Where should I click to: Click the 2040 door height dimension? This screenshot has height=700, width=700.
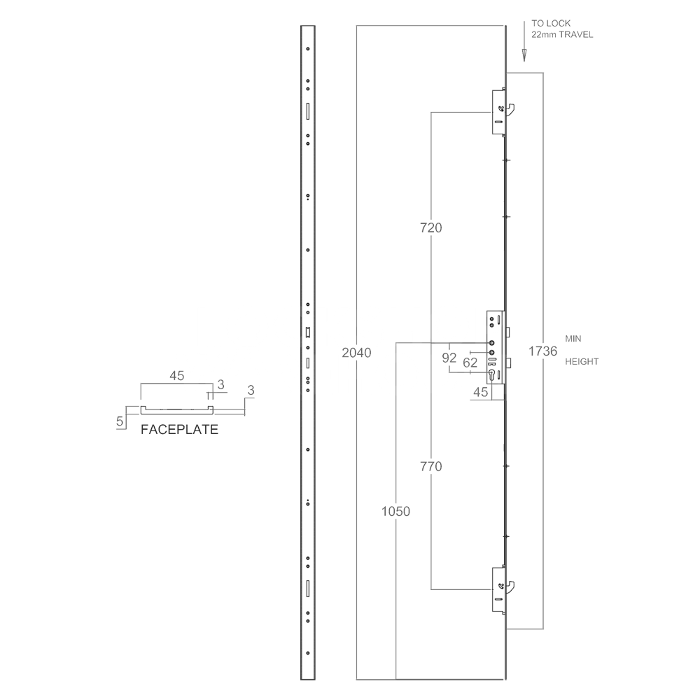coord(356,352)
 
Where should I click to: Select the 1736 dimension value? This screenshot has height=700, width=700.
coord(543,351)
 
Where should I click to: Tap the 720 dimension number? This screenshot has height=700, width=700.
coord(431,227)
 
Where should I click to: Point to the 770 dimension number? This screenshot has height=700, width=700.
coord(431,466)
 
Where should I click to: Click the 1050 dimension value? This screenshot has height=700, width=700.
coord(395,511)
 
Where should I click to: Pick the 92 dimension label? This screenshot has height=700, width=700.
coord(449,357)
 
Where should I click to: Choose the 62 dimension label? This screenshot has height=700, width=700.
coord(470,362)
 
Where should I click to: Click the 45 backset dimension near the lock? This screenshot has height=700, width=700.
coord(480,393)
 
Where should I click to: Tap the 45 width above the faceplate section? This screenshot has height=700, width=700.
coord(176,376)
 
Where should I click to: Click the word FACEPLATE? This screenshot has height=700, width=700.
coord(179,430)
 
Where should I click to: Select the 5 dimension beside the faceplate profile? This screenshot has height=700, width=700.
coord(120,421)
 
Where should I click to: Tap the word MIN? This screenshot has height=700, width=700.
coord(573,338)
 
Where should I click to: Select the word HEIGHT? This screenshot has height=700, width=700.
coord(580,362)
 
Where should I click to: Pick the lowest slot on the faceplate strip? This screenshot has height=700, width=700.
coord(307,589)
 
